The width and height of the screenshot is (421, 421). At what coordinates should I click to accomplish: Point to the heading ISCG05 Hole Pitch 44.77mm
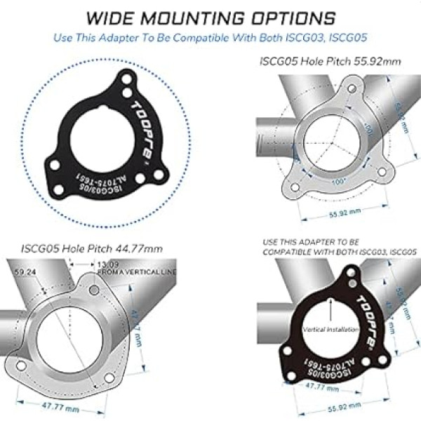(91, 248)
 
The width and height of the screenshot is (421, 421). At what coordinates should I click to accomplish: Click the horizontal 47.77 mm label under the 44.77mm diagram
(52, 406)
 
